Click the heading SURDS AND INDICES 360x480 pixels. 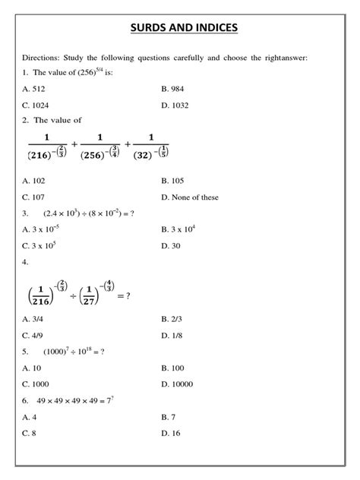(x=179, y=29)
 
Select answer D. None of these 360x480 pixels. (x=190, y=197)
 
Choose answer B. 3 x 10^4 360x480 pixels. (x=178, y=229)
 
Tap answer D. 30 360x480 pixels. (x=170, y=245)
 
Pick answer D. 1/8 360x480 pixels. (x=172, y=336)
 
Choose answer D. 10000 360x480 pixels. (x=178, y=384)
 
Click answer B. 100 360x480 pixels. (x=172, y=368)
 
